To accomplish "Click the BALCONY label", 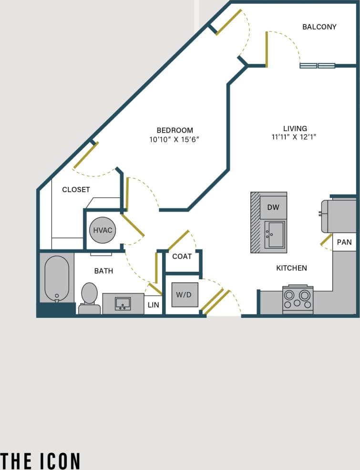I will (319, 27).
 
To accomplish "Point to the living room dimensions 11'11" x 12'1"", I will (294, 137).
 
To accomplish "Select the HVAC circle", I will (103, 231).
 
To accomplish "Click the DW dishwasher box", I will (273, 207).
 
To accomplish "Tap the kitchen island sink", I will (274, 234).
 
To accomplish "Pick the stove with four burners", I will (298, 300).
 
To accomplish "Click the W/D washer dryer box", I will (185, 295).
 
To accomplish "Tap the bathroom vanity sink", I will (123, 303).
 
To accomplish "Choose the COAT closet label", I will (182, 256).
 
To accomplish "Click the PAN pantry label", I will (344, 242).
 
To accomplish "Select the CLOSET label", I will (76, 190).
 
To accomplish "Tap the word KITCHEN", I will (291, 268).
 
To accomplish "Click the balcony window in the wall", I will (317, 66).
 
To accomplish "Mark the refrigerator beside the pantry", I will (339, 215).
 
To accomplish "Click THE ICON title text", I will (40, 460).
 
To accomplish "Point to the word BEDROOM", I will (175, 130).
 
